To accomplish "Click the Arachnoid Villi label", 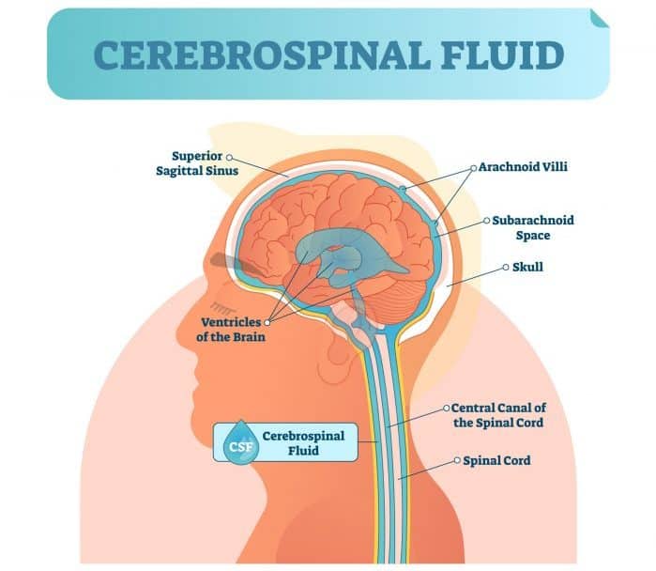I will [x=523, y=168].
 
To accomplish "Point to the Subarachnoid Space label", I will [x=532, y=226].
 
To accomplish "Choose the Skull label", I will [x=528, y=267].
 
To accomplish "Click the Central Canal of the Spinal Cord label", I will [x=497, y=415].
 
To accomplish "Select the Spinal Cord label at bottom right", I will [x=496, y=461].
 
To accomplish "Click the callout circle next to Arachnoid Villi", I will [x=472, y=168].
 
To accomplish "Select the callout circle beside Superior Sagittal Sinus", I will [x=229, y=157].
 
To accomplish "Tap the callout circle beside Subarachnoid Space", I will [x=485, y=221].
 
